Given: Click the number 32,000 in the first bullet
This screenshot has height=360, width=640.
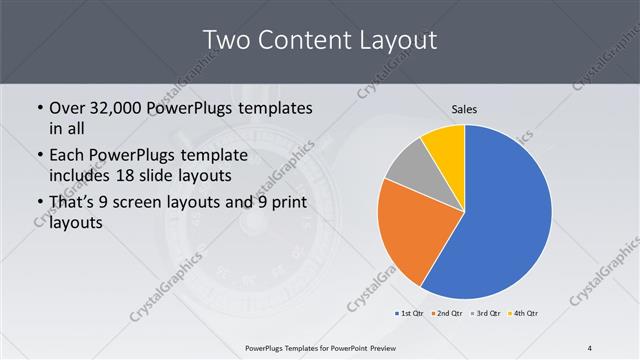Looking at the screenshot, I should (x=126, y=107).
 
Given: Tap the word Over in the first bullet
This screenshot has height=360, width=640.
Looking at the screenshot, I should (x=69, y=107).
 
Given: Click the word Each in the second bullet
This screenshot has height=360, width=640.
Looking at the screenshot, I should (x=69, y=156).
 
